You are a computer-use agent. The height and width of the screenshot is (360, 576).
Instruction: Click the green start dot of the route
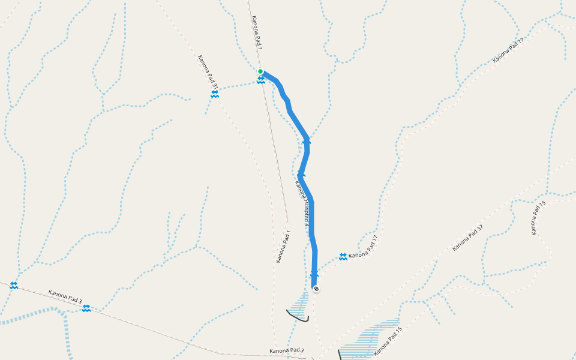pos(260,71)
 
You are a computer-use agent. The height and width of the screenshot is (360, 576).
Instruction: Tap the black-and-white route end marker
pos(316,289)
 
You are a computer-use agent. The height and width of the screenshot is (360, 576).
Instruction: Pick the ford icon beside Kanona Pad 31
pos(214,94)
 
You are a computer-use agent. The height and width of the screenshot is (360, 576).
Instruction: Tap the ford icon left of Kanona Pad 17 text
pos(343,257)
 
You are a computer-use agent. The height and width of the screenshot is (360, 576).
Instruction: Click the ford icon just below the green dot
pos(260,80)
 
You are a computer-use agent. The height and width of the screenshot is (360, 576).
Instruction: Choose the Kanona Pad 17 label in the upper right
pos(508,50)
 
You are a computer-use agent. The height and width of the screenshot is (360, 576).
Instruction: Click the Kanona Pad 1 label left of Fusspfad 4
pos(283,247)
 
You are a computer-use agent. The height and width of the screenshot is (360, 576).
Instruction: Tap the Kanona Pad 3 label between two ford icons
pos(65,295)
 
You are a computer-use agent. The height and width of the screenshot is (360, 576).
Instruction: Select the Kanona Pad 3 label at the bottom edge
pos(286,350)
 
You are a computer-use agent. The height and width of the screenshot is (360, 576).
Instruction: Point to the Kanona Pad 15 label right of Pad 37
pos(538,218)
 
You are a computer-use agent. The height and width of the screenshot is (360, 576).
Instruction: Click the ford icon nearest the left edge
pos(13,286)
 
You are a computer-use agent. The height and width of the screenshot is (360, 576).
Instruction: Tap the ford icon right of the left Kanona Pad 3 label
pos(86,308)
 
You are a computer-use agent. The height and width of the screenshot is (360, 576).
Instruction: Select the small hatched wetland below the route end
pos(300,305)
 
